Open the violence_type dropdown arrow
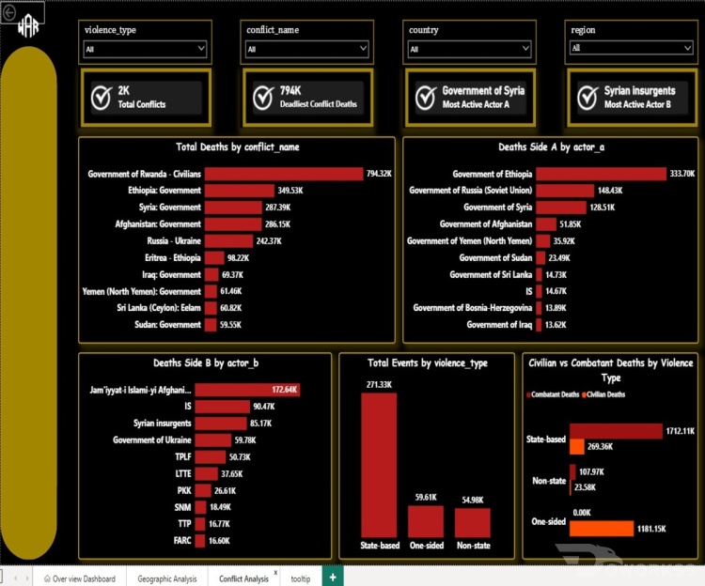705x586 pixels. click(x=201, y=48)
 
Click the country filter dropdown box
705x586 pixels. click(x=469, y=49)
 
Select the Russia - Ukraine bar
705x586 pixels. click(x=228, y=241)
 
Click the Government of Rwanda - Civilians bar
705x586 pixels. click(x=284, y=174)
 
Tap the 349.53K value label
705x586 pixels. click(x=290, y=191)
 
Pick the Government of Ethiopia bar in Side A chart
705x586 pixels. click(x=601, y=174)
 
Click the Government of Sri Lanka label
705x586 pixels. click(x=491, y=274)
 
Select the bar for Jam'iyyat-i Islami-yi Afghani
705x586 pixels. click(x=247, y=390)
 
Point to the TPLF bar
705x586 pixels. click(x=211, y=457)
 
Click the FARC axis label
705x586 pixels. click(x=182, y=541)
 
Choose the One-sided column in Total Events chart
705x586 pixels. click(x=426, y=521)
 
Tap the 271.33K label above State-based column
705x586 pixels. click(x=379, y=385)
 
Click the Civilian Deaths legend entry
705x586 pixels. click(x=603, y=394)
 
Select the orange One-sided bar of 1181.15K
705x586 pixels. click(x=602, y=529)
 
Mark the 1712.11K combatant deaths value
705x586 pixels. click(x=680, y=431)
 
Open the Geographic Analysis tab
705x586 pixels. click(x=166, y=578)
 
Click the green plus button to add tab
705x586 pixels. click(x=333, y=577)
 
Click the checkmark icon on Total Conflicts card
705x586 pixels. click(x=102, y=98)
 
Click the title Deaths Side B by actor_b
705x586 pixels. click(x=206, y=363)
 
